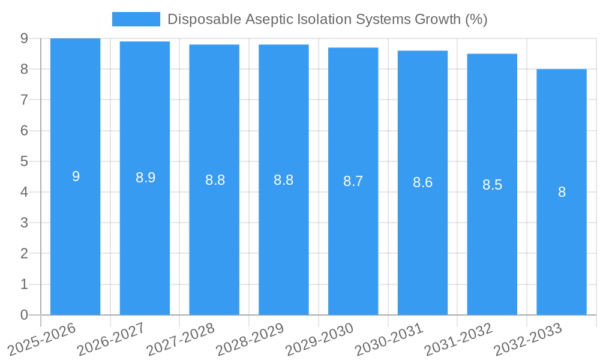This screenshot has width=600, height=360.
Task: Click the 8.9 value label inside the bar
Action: coord(145,178)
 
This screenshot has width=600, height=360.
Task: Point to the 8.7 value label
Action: coord(353,181)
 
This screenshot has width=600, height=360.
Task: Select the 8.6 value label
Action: coord(422,183)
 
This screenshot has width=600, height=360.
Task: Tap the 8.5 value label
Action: coord(492,185)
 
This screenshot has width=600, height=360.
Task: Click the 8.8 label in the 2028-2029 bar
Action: coord(283,180)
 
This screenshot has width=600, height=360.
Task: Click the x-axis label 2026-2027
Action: coord(111,338)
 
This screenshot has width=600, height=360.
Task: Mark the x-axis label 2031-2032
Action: coord(458,338)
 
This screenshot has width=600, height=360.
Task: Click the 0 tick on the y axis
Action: coord(24,315)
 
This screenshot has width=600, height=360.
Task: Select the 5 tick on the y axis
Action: coord(24,161)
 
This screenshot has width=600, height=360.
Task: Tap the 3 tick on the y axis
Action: coord(24,223)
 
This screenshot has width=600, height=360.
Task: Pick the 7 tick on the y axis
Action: coord(24,100)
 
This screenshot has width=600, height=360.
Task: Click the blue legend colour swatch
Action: coord(136,19)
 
